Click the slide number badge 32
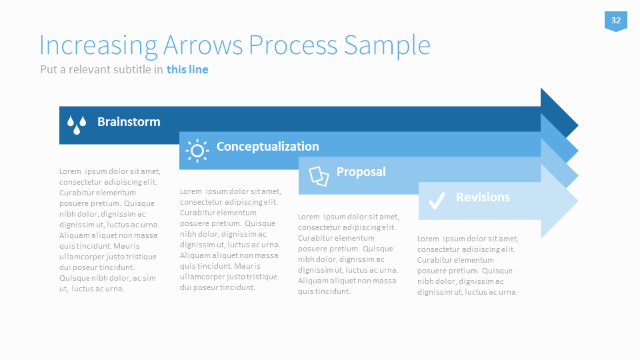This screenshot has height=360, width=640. (x=615, y=21)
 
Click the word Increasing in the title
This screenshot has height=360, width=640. (x=99, y=46)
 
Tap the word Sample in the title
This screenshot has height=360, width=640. (x=387, y=45)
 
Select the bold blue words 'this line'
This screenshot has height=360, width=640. (x=187, y=69)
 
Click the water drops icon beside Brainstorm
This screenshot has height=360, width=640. (x=77, y=125)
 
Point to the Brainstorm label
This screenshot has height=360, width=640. (x=129, y=121)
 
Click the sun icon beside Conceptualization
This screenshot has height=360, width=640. (x=197, y=151)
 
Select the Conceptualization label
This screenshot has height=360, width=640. (x=268, y=146)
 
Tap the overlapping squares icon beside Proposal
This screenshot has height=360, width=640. (x=319, y=176)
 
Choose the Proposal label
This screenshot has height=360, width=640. (x=361, y=172)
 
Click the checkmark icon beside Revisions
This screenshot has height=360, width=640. (x=437, y=201)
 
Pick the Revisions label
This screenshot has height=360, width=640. (x=483, y=197)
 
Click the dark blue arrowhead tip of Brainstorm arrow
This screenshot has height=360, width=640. (x=578, y=125)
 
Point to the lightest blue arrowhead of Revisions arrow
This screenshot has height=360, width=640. (x=559, y=201)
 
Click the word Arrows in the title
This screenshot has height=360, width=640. (x=203, y=45)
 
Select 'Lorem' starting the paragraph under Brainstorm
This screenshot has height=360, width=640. (x=70, y=171)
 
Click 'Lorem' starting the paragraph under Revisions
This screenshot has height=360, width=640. (x=428, y=239)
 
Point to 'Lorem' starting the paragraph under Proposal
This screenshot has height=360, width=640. (x=309, y=217)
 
